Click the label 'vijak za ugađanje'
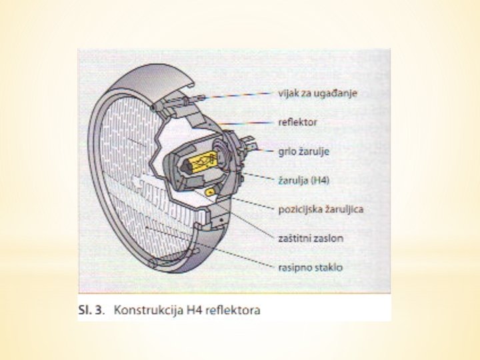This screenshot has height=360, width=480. (317, 93)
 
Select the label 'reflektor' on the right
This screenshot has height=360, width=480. (297, 123)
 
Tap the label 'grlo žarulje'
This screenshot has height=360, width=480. (303, 151)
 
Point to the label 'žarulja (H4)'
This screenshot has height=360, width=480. (303, 180)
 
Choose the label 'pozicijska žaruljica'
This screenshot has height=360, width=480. (321, 209)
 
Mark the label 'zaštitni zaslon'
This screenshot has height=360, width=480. (311, 238)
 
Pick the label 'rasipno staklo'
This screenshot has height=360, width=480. (310, 267)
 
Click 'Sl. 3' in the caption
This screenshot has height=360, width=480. (91, 310)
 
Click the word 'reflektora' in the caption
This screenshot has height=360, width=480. (234, 310)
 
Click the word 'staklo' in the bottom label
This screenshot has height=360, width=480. (330, 267)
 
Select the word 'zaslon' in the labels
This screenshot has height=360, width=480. (329, 238)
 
